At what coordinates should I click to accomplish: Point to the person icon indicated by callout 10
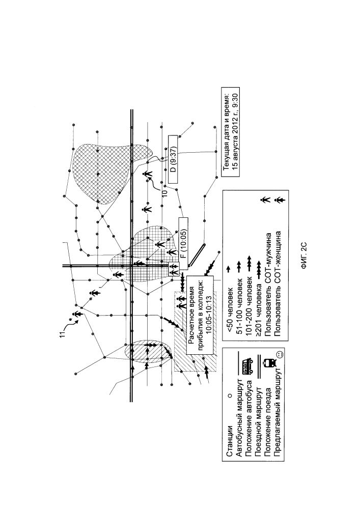click(x=148, y=175)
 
